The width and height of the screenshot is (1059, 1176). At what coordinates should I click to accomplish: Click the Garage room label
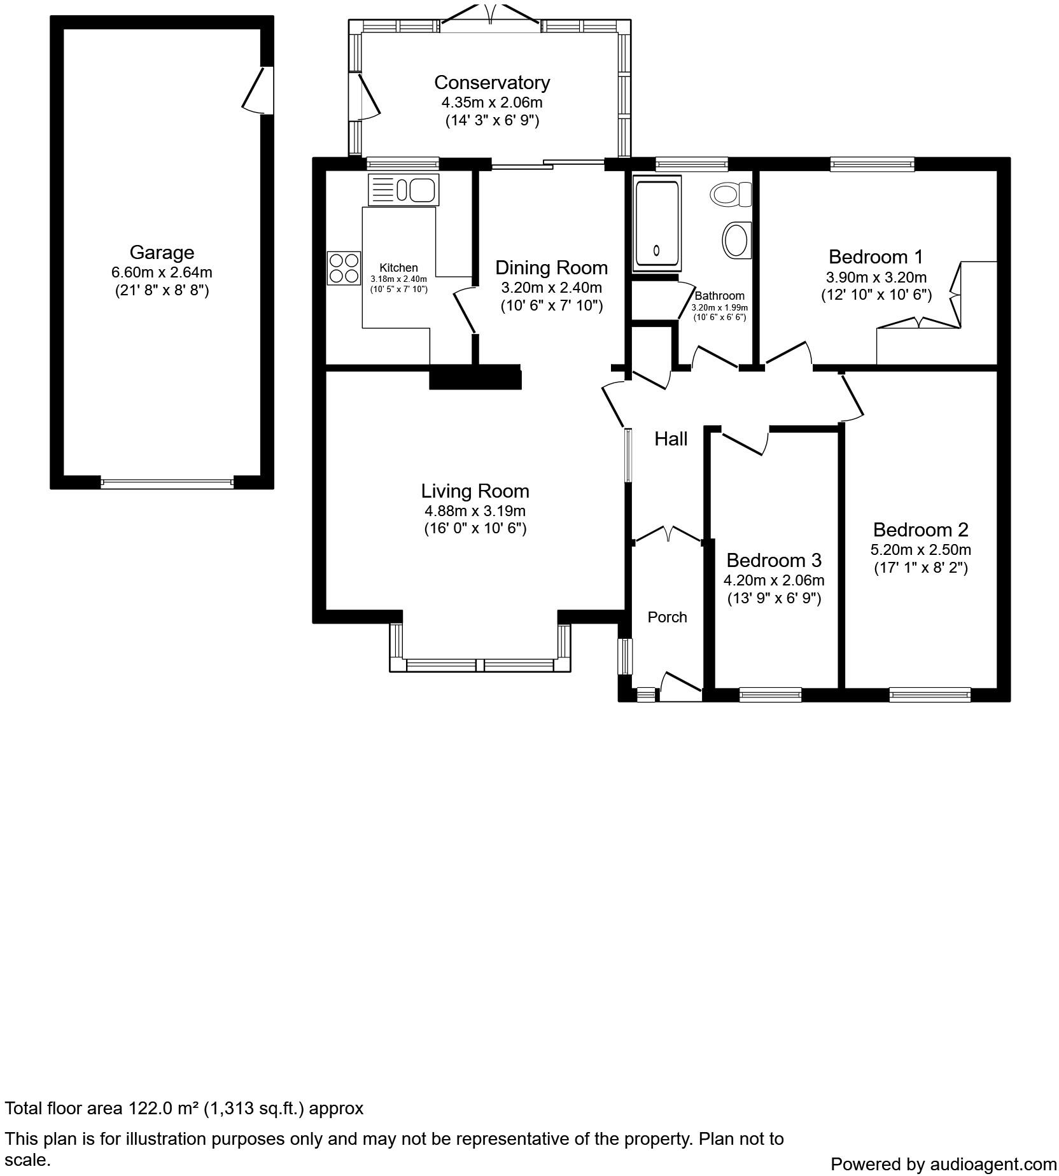click(x=162, y=253)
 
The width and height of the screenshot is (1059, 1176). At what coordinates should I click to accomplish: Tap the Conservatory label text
click(x=491, y=83)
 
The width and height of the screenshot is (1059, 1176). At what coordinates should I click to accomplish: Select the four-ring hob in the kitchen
click(x=344, y=268)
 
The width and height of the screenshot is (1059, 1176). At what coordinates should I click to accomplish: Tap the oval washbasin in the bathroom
click(x=737, y=240)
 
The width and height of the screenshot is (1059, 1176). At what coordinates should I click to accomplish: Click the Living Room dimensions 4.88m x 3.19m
click(x=475, y=510)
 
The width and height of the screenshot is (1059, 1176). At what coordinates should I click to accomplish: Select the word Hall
click(x=671, y=438)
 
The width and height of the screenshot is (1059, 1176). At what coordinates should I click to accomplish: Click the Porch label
click(x=667, y=617)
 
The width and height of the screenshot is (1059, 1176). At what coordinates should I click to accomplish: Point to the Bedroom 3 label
click(x=773, y=560)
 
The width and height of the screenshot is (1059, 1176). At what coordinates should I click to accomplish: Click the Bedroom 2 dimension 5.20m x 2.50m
click(x=920, y=549)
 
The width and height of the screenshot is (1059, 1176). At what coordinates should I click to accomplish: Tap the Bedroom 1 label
click(x=875, y=257)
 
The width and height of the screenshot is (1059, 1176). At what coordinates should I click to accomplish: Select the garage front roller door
click(x=167, y=483)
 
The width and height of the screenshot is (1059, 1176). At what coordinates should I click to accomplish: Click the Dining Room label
click(x=551, y=267)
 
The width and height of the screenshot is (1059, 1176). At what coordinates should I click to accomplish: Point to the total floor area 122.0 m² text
click(x=184, y=1108)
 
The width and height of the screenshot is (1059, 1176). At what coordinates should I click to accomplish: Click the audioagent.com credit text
click(x=943, y=1164)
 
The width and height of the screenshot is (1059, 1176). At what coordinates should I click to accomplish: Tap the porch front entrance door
click(x=680, y=686)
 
